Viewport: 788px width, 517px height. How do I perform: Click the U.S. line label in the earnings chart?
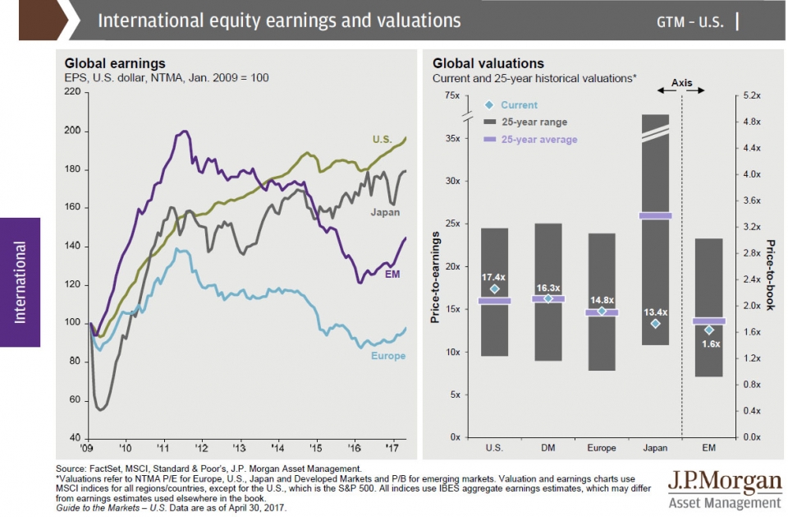pos(382,140)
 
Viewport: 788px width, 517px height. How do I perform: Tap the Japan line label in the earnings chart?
pos(385,212)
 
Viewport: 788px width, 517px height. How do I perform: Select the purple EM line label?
pos(392,275)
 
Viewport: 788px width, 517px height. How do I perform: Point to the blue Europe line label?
pos(388,356)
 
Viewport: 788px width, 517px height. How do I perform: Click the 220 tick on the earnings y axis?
pos(72,91)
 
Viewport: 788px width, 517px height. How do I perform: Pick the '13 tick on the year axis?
pos(239,448)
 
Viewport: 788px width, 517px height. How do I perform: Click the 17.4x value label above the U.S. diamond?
pos(493,277)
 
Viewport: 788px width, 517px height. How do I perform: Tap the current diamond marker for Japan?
pos(655,324)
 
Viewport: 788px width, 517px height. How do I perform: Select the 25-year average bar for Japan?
pos(655,216)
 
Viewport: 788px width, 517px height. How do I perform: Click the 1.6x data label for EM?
pos(711,344)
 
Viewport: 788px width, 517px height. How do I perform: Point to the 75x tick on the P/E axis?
pos(451,95)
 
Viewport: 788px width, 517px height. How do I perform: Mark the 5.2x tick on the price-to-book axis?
pos(752,95)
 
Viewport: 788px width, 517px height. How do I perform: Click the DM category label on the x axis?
pos(547,448)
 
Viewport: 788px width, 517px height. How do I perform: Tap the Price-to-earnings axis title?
pos(435,277)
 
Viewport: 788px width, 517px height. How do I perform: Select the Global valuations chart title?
pos(488,63)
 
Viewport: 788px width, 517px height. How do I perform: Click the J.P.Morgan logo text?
pos(725,482)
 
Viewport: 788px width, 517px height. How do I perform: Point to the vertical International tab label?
pos(20,283)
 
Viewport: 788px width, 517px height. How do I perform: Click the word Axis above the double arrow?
pos(681,82)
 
